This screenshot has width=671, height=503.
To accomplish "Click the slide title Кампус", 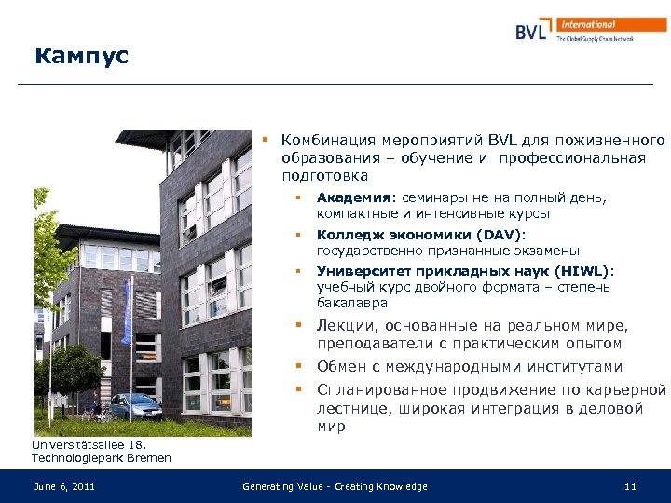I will click(81, 57).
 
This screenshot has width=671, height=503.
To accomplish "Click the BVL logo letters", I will click(536, 31).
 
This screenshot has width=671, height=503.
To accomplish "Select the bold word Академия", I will click(354, 197).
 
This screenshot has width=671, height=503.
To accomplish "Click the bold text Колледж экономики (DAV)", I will click(420, 235).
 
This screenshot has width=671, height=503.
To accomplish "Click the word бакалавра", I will click(352, 303).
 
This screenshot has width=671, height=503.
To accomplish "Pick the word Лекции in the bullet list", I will click(344, 325).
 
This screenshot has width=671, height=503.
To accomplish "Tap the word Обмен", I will click(341, 367).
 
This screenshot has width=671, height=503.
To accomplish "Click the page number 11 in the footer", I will click(630, 486).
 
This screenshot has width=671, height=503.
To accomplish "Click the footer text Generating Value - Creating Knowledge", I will click(335, 486).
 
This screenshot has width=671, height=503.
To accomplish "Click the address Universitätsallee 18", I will click(83, 444).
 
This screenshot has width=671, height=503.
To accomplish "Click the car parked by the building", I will click(135, 406).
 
